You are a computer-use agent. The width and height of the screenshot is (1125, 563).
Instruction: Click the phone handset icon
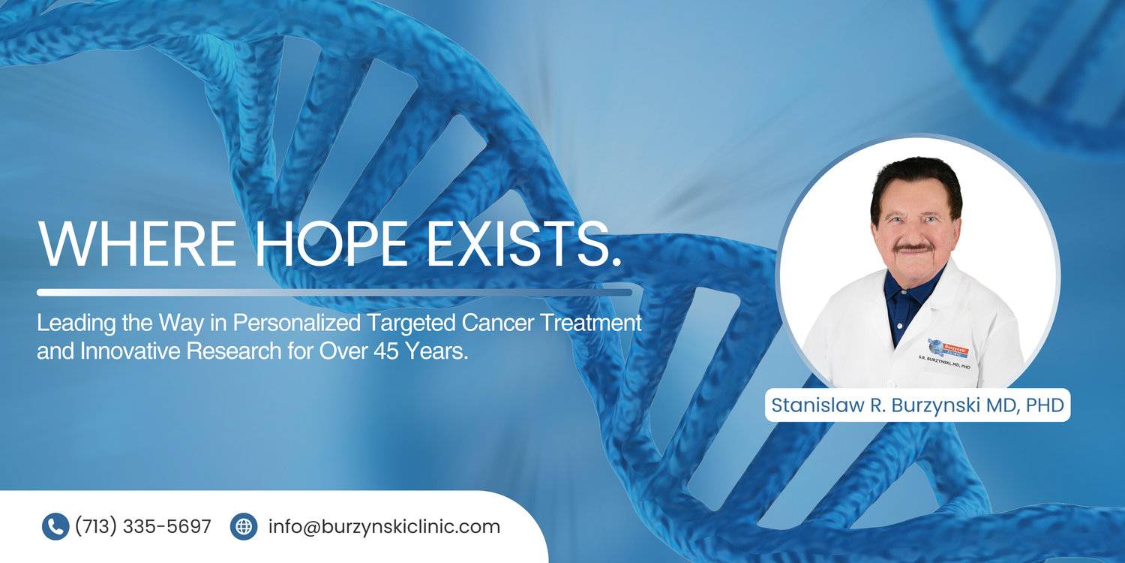point(55,526)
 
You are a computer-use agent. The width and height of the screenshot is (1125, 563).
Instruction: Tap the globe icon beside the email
point(244,526)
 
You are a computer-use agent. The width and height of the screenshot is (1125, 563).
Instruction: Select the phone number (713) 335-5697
point(143,526)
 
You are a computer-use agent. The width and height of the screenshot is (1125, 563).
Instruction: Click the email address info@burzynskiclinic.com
point(384,526)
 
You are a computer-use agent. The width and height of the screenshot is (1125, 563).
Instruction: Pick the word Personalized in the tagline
point(296,324)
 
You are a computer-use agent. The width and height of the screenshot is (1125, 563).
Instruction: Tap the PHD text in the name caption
point(1045,405)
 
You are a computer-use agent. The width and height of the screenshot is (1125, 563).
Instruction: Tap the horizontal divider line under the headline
point(334,293)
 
